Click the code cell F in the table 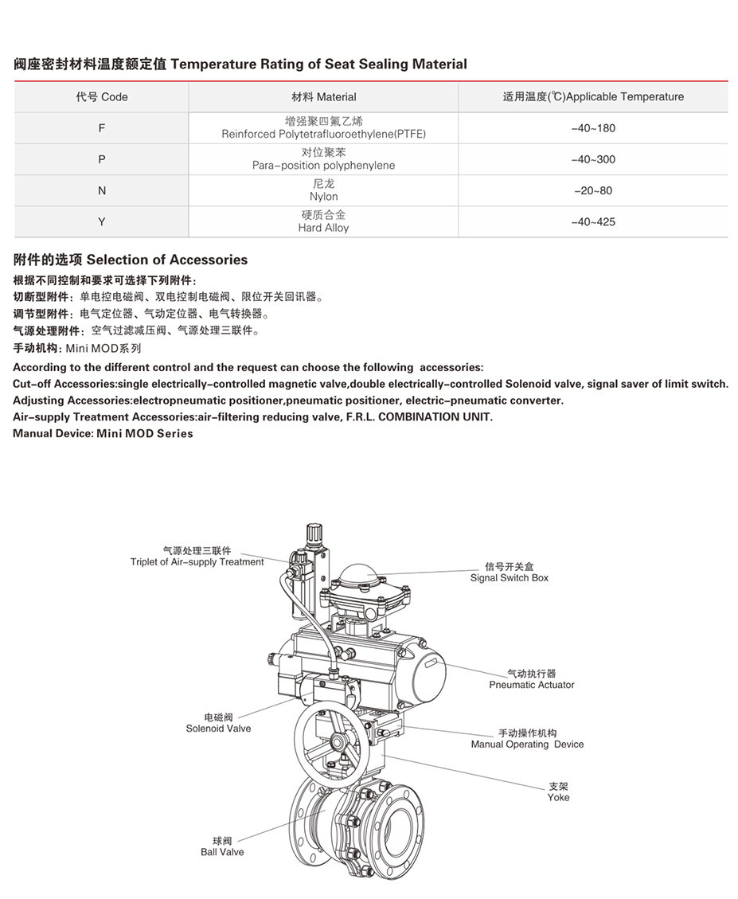tap(101, 127)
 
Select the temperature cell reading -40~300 tap(593, 159)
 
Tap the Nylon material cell tap(323, 190)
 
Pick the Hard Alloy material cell tap(323, 221)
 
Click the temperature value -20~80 tap(593, 191)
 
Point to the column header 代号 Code tap(101, 97)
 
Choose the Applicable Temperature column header tap(593, 97)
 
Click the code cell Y tap(101, 222)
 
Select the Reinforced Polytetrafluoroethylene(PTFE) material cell tap(323, 128)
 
